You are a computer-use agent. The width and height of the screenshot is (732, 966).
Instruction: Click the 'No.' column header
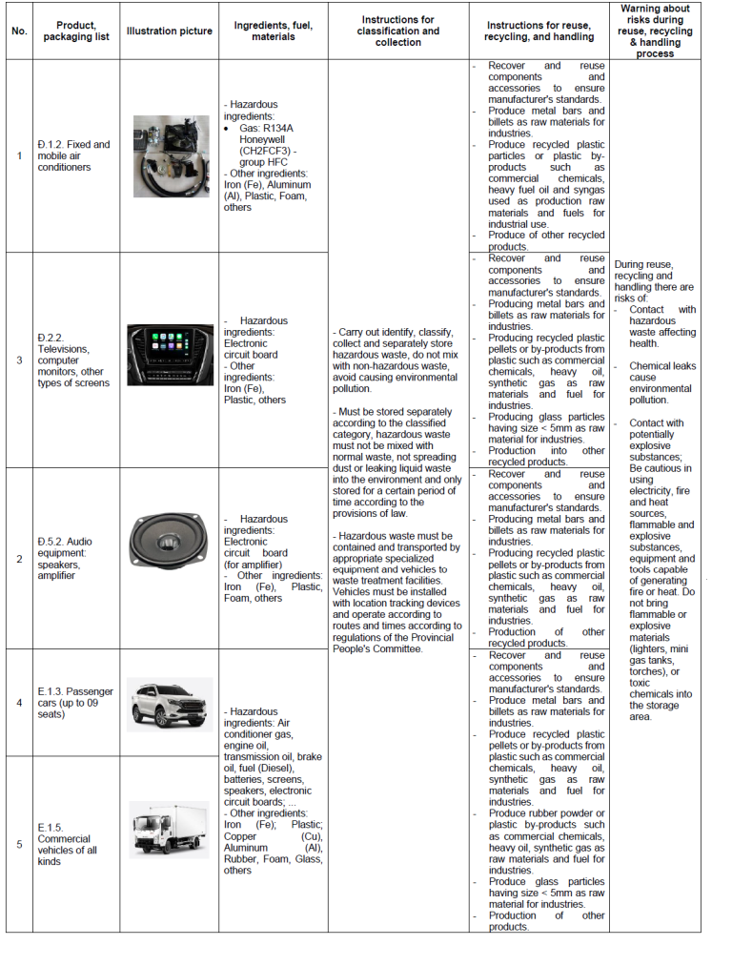[x=19, y=31]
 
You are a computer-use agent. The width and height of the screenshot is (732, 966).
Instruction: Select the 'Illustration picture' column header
[x=170, y=31]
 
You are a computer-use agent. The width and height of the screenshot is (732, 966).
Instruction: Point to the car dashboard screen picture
[x=171, y=355]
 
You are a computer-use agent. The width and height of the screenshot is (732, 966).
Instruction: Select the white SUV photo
[x=171, y=703]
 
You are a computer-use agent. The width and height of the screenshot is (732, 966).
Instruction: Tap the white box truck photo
[x=170, y=830]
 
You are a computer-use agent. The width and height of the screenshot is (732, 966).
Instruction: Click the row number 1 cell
[x=19, y=155]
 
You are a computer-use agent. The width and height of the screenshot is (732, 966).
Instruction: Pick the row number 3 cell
[x=19, y=360]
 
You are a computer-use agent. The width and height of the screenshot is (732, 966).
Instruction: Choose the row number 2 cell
[x=19, y=558]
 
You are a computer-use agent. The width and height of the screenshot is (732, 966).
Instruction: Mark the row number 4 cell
[x=19, y=703]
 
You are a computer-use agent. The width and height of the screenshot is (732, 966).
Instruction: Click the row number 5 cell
[x=19, y=844]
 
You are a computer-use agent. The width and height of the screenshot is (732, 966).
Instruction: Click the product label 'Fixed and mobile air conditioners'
[x=75, y=155]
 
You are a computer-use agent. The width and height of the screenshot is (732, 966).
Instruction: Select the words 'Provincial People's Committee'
[x=377, y=648]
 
